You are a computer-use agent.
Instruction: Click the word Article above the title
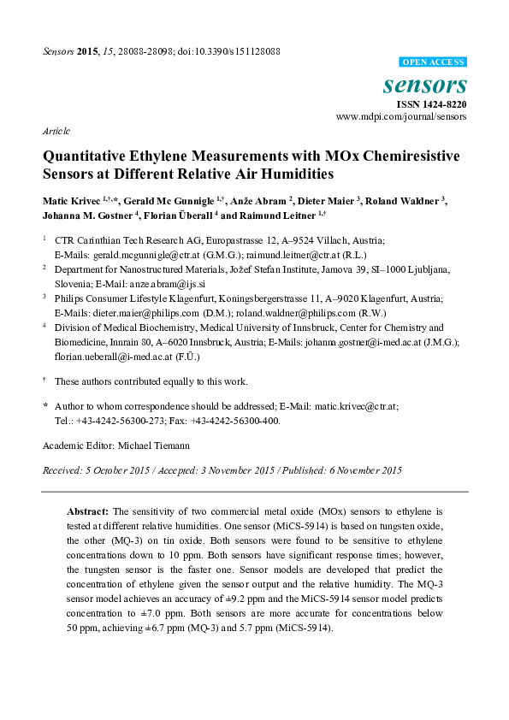tap(56, 132)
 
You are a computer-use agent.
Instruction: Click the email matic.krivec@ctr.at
tap(339, 408)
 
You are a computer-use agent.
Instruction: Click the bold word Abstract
tap(88, 510)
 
